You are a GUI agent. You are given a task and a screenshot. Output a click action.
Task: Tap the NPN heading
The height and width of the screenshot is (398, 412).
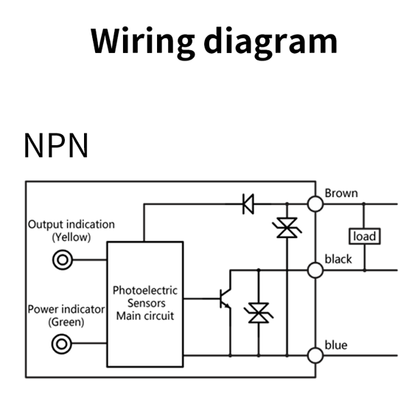[x=56, y=145]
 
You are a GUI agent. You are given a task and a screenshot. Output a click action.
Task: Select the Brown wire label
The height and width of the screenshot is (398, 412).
[x=341, y=193]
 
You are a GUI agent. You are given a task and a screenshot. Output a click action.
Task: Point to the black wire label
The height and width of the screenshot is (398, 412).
[x=338, y=259]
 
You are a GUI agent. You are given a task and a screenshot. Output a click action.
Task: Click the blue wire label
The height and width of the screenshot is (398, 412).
[x=336, y=345]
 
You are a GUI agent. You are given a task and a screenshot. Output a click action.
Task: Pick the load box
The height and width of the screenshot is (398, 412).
[x=364, y=236]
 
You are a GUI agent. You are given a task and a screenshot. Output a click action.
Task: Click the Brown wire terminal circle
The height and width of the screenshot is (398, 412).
[x=315, y=203]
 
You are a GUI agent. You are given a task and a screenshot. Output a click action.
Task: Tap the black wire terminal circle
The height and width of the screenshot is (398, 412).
[x=315, y=270]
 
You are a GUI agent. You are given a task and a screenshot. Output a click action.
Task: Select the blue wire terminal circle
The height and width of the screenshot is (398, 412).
[x=315, y=355]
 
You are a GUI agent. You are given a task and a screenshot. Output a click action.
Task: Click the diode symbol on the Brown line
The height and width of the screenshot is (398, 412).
[x=248, y=203]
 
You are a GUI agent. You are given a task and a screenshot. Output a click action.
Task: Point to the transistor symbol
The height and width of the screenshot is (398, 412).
[x=226, y=298]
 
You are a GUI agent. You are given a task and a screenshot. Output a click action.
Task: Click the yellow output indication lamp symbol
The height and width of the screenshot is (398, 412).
[x=62, y=260]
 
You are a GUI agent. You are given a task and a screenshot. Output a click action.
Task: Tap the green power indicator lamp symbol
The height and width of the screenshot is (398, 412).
[x=62, y=344]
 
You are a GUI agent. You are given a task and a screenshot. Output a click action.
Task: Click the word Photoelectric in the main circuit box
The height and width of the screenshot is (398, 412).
[x=145, y=290]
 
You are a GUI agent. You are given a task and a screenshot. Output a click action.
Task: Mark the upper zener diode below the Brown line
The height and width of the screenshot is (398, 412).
[x=287, y=228]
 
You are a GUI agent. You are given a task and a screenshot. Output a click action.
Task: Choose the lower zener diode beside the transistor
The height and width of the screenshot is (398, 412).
[x=259, y=313]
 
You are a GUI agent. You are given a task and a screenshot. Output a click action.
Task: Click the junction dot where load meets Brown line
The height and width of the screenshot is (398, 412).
[x=364, y=203]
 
